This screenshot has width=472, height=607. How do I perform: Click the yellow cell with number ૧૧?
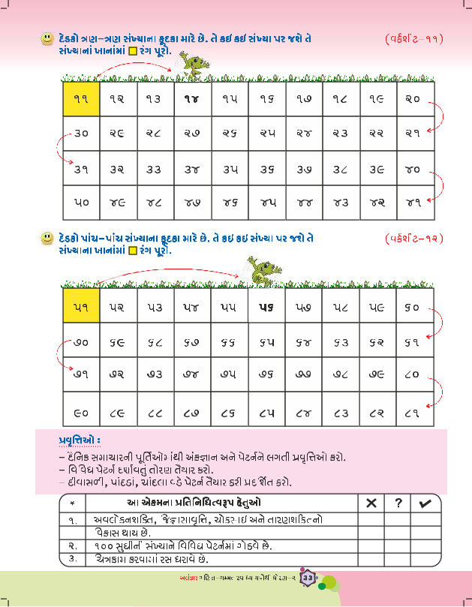click(x=81, y=98)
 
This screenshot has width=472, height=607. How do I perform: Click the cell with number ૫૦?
click(x=81, y=202)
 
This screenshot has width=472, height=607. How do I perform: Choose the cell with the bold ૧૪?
click(x=192, y=98)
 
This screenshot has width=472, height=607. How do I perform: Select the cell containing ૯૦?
click(x=81, y=411)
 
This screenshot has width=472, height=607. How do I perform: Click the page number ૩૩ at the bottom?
click(x=308, y=578)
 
